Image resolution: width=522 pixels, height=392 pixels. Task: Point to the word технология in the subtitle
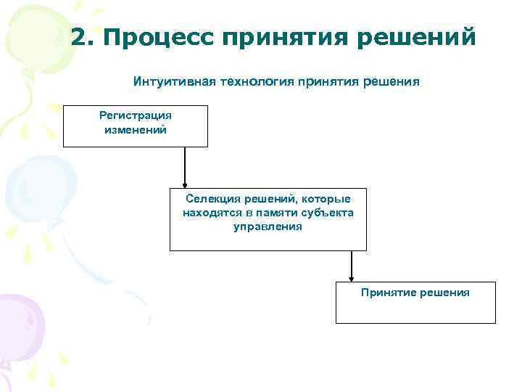tap(254, 82)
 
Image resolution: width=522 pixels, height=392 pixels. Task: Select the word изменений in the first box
tap(136, 130)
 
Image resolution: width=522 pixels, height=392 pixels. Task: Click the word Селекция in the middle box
tap(208, 199)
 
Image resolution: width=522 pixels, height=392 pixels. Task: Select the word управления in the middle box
tap(268, 226)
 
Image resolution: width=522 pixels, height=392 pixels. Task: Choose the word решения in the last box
tap(444, 293)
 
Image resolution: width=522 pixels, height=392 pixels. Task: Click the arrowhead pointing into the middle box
tap(185, 184)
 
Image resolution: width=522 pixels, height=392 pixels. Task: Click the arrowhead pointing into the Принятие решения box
tap(352, 277)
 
